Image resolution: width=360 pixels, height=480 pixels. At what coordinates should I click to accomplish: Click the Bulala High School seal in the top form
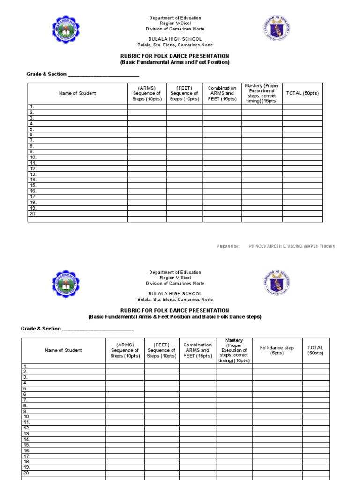tap(66, 30)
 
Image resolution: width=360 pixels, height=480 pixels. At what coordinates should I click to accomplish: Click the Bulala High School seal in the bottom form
tap(66, 284)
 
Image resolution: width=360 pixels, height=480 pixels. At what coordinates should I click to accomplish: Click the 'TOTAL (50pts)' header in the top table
tap(302, 93)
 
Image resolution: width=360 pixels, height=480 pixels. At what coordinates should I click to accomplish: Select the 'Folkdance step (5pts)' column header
tap(277, 351)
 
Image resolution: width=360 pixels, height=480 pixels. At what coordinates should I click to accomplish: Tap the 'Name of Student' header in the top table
tap(77, 93)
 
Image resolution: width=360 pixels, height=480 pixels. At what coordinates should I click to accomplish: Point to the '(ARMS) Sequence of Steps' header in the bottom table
tap(125, 351)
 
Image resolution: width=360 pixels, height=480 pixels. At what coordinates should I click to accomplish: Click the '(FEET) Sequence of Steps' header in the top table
tap(184, 93)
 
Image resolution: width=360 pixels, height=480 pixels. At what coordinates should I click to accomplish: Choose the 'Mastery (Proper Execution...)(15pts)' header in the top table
tap(262, 93)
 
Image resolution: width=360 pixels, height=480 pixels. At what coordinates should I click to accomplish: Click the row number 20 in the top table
tap(33, 214)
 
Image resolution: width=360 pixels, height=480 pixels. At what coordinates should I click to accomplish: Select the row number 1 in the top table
tap(32, 107)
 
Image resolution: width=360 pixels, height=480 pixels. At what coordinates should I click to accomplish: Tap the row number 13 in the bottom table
tap(27, 434)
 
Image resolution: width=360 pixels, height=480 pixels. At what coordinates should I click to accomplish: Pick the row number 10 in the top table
tap(33, 157)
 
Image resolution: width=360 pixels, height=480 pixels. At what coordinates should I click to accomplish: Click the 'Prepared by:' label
tap(229, 246)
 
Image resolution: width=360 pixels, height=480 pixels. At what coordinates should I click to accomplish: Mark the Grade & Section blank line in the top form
tap(104, 75)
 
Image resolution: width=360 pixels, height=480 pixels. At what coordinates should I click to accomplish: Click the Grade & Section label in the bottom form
tap(41, 329)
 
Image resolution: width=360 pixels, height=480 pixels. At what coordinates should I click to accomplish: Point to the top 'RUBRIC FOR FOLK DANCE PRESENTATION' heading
tap(175, 56)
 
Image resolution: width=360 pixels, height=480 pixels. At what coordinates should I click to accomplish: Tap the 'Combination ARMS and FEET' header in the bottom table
tap(197, 351)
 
